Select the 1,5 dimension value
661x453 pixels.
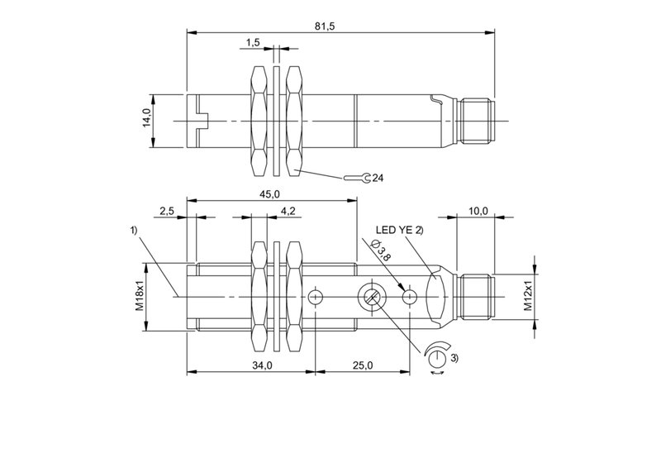[254, 42]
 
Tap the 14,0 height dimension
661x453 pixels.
[145, 120]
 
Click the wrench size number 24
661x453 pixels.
[378, 178]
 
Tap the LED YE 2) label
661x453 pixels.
[400, 230]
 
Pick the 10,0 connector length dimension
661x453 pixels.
[478, 212]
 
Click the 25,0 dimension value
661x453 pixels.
[364, 365]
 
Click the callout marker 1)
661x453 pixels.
[134, 231]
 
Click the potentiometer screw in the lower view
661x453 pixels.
[369, 298]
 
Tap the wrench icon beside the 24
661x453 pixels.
[356, 178]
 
